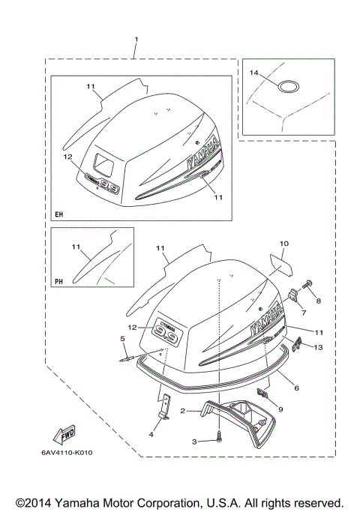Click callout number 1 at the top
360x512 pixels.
[x=136, y=38]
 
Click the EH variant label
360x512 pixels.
[x=59, y=215]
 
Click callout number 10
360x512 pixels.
[x=284, y=244]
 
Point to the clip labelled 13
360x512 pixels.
[x=298, y=344]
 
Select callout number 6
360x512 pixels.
[x=296, y=388]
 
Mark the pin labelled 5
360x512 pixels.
[x=129, y=358]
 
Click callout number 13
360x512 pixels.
[x=318, y=347]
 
